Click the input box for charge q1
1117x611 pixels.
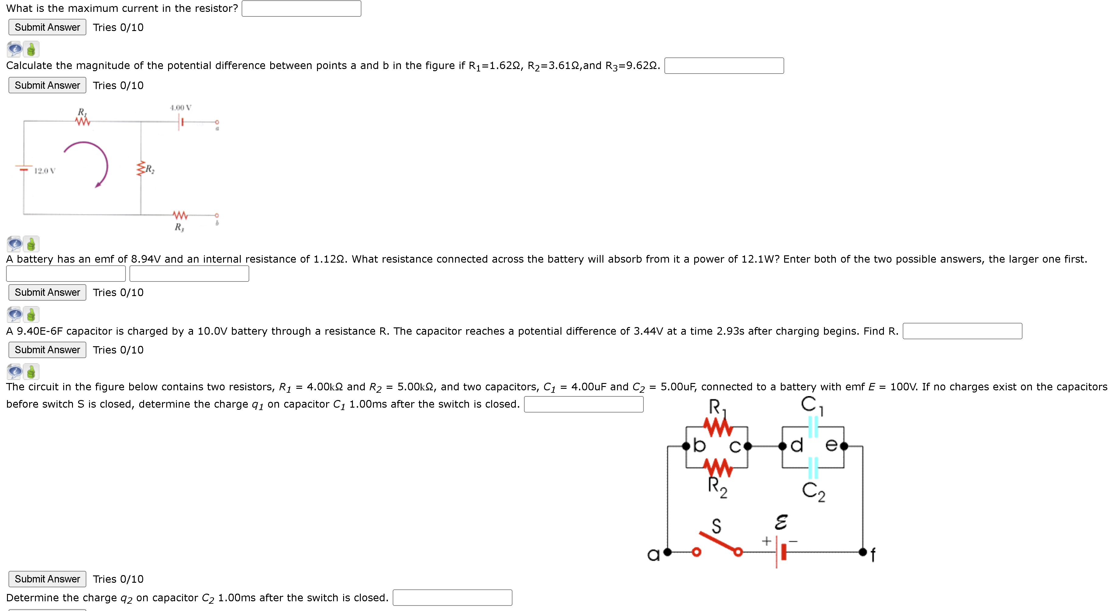click(x=583, y=404)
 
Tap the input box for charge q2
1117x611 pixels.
click(x=452, y=598)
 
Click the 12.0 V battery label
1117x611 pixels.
click(x=45, y=171)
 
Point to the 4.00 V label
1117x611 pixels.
click(x=180, y=108)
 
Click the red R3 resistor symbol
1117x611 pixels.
click(x=180, y=215)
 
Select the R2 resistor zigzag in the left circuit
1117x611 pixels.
click(x=140, y=169)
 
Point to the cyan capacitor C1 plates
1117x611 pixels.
click(x=813, y=427)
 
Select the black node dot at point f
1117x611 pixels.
click(x=863, y=552)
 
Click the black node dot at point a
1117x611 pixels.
click(x=667, y=552)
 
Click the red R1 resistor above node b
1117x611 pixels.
click(x=718, y=427)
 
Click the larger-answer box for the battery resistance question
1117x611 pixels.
click(x=66, y=274)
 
